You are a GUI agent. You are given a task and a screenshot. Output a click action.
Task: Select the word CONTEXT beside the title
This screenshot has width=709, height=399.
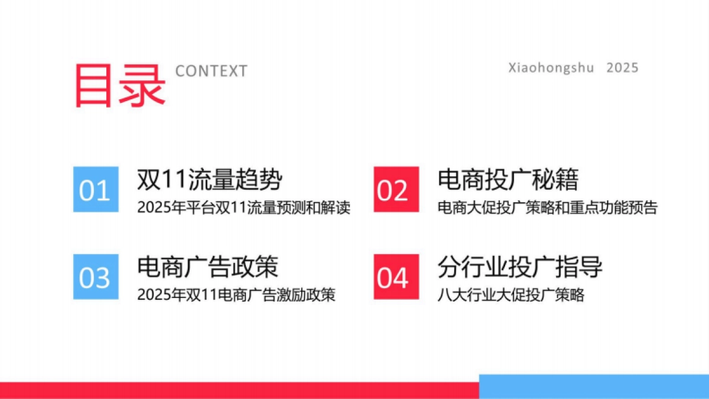211,72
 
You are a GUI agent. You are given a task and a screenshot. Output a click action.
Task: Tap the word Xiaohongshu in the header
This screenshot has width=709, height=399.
551,68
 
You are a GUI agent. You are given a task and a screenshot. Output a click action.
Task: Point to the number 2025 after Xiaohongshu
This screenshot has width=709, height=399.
622,68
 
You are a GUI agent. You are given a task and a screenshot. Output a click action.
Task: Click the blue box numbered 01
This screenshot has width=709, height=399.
95,190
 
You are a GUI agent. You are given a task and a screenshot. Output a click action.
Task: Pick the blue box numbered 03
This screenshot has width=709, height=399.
95,277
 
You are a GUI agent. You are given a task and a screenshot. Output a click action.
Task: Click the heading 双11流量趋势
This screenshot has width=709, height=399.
209,180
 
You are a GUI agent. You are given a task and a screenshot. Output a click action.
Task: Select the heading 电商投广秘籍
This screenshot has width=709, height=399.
508,180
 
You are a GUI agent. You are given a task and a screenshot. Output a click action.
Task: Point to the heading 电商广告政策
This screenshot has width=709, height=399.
207,267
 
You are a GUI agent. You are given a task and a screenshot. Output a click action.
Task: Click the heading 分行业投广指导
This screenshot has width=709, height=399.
520,267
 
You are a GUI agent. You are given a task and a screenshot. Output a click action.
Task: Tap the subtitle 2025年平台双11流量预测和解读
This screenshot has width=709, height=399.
244,208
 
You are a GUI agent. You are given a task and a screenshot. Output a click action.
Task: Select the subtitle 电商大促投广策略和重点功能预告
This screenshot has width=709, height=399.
547,208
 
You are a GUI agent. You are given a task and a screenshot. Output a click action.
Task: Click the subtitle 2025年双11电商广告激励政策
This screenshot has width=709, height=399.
236,295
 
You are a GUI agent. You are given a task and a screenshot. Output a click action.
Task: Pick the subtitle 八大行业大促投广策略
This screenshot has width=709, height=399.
511,295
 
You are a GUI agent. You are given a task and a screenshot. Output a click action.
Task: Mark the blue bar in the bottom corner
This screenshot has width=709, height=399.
594,386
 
